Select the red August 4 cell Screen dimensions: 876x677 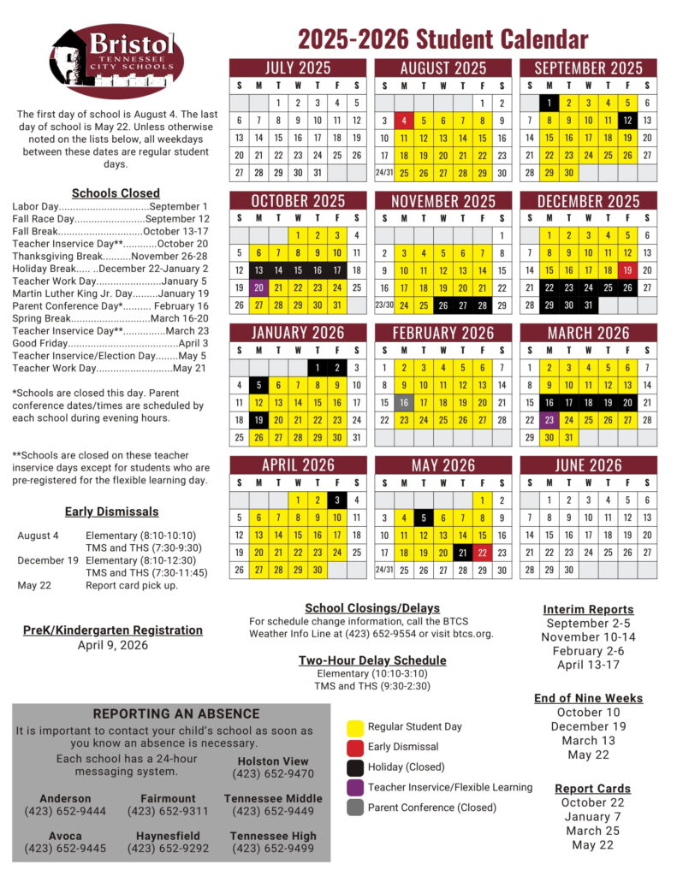pos(405,121)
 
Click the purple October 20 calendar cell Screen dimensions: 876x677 pos(258,288)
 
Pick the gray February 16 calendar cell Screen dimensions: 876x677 pos(405,403)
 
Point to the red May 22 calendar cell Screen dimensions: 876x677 pos(482,553)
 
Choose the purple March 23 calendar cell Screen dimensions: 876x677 pos(549,420)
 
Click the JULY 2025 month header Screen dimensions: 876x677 pos(297,68)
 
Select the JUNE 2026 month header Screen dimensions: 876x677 pos(588,465)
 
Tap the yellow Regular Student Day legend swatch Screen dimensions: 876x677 pos(355,728)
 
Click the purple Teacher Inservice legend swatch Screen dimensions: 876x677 pos(355,787)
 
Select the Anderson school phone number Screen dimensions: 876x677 pos(65,811)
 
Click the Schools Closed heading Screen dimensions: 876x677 pos(116,193)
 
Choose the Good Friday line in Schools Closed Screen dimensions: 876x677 pos(110,343)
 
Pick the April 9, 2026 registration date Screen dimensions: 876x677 pos(113,645)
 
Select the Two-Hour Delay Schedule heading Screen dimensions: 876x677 pos(372,660)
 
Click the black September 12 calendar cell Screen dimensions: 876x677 pos(628,121)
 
